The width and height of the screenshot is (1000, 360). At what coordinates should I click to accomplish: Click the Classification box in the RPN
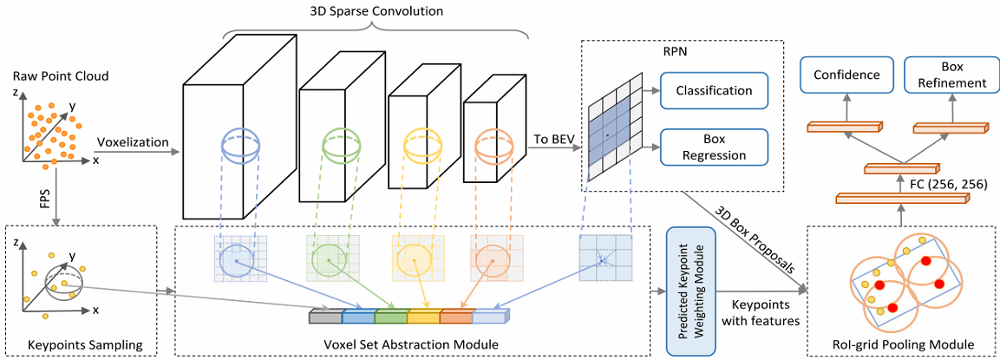(x=714, y=90)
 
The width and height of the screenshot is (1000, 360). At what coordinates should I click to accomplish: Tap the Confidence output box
(x=846, y=75)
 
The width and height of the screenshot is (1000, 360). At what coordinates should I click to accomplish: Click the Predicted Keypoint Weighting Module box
(x=690, y=291)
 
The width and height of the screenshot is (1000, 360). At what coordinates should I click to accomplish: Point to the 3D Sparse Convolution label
(x=376, y=11)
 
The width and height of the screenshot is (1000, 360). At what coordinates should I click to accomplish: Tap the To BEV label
(x=552, y=139)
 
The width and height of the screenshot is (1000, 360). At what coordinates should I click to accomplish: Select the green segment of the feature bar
(x=389, y=316)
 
